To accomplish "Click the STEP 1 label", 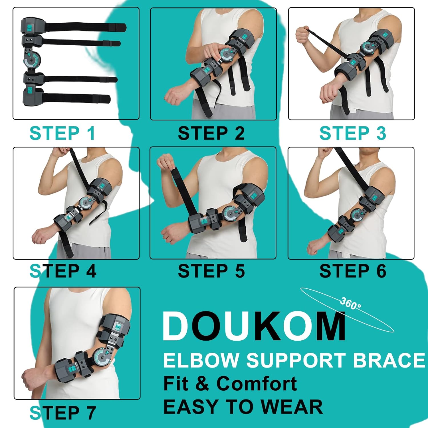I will tap(62, 133).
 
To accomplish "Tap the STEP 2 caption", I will tap(211, 133).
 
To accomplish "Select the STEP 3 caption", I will tap(353, 133).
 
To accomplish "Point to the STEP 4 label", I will tap(63, 271).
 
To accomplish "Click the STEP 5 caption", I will tap(211, 271).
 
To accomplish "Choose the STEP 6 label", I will tap(353, 271).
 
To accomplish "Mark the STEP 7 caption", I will tap(63, 413).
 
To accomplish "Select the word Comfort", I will tap(257, 383).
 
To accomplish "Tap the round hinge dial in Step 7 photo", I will tap(101, 357).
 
